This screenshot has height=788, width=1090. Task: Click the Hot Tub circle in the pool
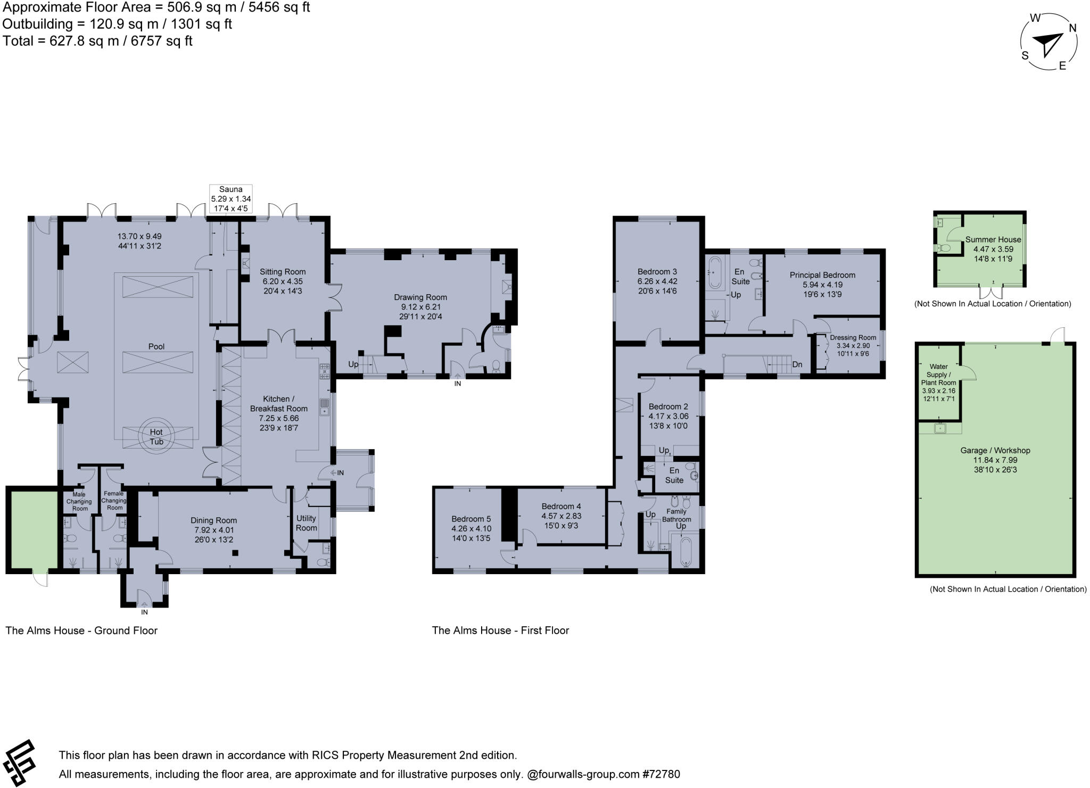(x=156, y=437)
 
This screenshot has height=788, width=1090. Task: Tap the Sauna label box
(x=230, y=198)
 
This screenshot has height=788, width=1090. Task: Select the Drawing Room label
(x=420, y=297)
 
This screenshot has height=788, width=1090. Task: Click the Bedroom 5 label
(x=471, y=519)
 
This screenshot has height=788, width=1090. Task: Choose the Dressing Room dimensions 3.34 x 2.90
(x=853, y=346)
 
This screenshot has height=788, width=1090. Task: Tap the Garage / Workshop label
(x=995, y=450)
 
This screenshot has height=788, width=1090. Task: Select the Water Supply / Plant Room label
(x=938, y=375)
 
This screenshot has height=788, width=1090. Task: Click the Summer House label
(x=993, y=239)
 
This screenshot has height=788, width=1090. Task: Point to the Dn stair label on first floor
(x=797, y=364)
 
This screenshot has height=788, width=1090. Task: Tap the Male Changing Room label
(x=79, y=501)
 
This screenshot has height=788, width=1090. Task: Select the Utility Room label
(x=306, y=522)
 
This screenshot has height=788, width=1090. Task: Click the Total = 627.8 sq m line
(x=97, y=41)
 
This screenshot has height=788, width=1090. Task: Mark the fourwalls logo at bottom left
(x=19, y=762)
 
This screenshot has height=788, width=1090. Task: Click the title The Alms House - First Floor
(x=500, y=631)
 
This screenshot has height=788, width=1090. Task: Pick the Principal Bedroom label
(x=822, y=275)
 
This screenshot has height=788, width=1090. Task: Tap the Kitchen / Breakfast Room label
(x=278, y=403)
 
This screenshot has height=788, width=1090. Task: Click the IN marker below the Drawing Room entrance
(x=457, y=383)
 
